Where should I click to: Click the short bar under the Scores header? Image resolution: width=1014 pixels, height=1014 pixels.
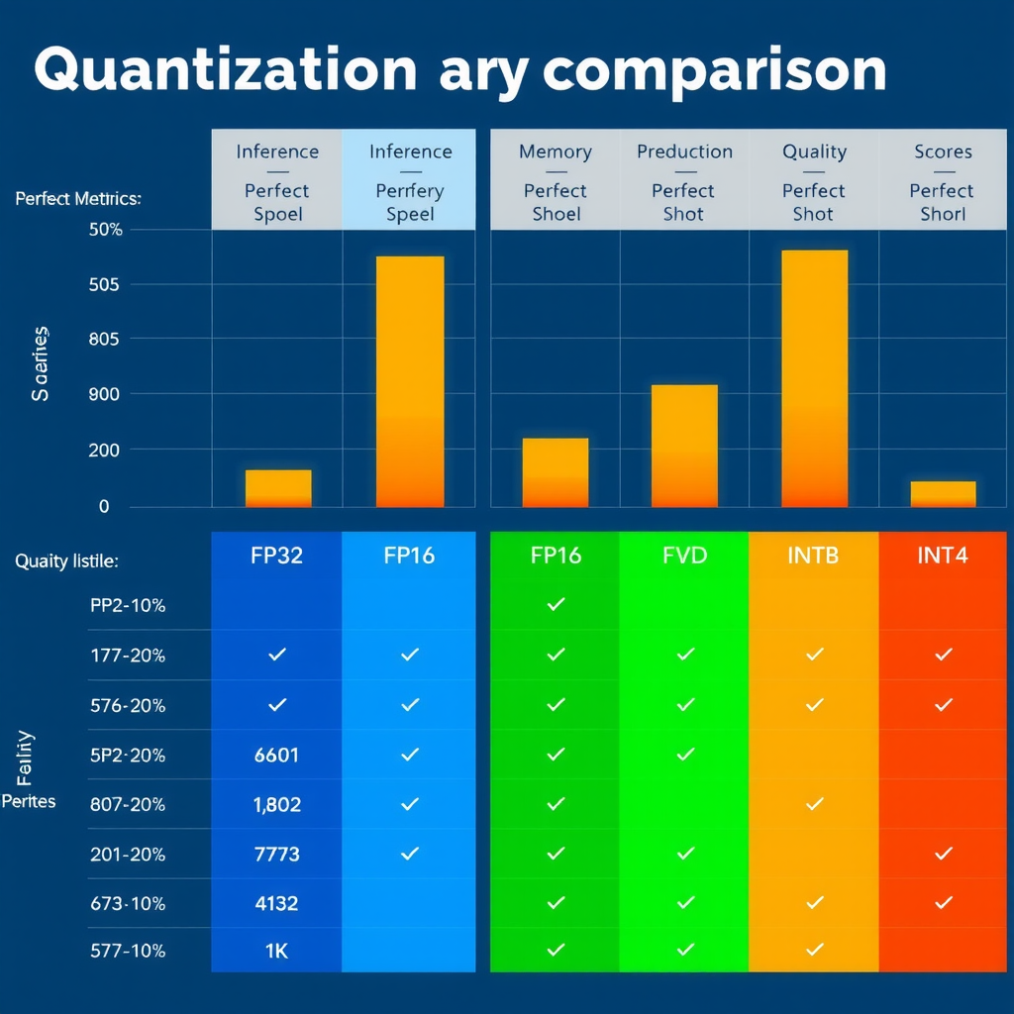coord(943,494)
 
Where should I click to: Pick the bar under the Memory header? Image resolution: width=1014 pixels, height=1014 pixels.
coord(556,472)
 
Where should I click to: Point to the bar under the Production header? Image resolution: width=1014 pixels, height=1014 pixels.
coord(684,446)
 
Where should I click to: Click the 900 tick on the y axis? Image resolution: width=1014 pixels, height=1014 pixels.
coord(105,394)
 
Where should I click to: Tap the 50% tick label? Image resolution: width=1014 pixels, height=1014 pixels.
coord(105,230)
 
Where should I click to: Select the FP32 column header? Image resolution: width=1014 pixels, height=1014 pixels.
coord(277,556)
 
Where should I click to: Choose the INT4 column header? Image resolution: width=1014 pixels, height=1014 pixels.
coord(943,556)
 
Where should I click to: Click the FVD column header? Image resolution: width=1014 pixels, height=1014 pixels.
coord(684,556)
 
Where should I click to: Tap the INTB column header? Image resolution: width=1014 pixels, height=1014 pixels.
coord(813,556)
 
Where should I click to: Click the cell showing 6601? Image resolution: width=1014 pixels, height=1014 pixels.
coord(277,755)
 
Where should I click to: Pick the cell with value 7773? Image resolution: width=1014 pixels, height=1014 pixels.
coord(277,854)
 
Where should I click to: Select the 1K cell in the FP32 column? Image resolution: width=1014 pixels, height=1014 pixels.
coord(277,951)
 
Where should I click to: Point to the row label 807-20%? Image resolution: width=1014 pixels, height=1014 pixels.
coord(127,804)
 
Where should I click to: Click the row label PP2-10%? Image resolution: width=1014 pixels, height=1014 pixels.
coord(127,605)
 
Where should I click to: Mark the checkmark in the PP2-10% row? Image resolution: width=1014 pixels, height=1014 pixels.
coord(556,604)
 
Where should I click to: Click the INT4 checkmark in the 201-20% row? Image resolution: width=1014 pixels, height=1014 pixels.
coord(943,853)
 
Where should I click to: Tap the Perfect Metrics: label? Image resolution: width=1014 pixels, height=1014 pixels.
coord(78,199)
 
